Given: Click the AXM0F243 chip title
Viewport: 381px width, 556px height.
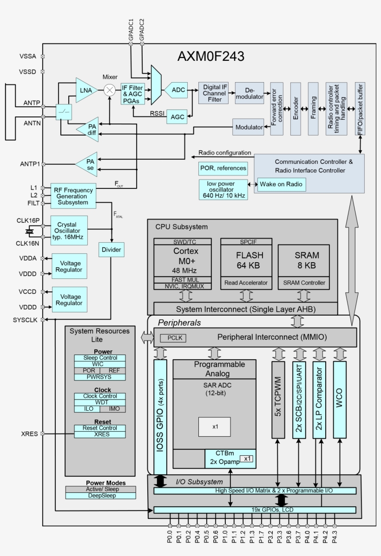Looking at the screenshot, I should point(211,57).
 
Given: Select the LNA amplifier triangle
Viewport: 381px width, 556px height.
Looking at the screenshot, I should point(86,90).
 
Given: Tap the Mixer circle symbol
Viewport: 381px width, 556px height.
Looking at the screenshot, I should point(110,90).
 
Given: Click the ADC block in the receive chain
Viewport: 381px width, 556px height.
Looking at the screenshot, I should point(178,90).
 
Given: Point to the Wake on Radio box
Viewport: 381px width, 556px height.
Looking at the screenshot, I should point(282,184).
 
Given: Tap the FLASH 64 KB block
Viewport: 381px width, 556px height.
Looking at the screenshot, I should point(250,260).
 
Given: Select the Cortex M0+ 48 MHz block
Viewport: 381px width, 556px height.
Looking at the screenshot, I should point(183,260).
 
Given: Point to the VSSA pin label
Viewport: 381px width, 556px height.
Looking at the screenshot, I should point(28,56).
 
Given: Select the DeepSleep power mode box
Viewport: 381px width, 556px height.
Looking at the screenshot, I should point(100,495).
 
